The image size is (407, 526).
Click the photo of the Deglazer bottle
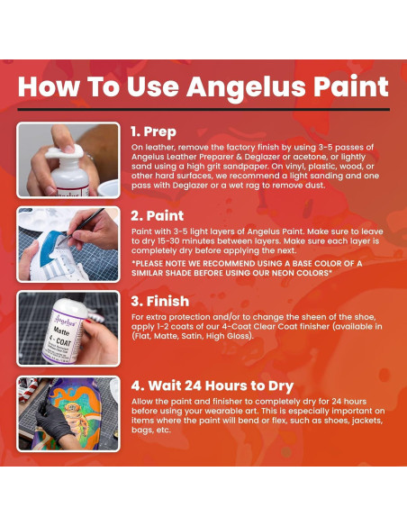tap(68, 160)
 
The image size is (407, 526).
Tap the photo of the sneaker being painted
tap(68, 244)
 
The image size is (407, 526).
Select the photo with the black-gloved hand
tap(68, 413)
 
